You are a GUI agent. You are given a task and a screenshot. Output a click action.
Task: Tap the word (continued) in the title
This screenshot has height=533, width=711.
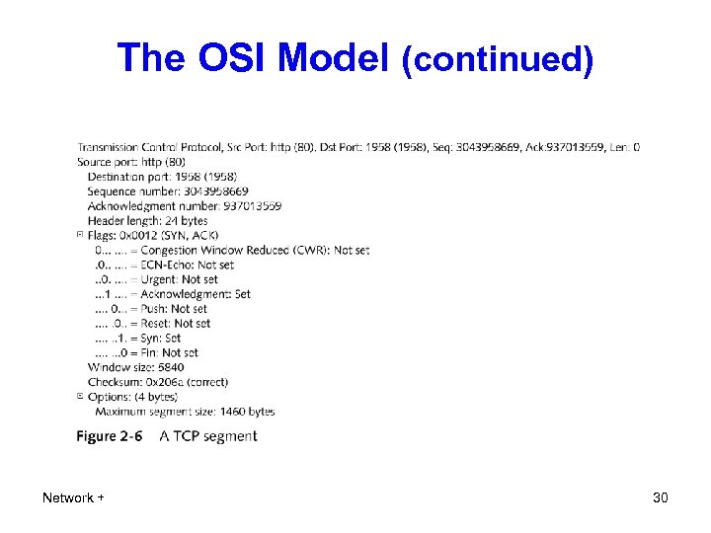497,61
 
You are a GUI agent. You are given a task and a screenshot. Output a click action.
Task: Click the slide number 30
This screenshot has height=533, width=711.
661,497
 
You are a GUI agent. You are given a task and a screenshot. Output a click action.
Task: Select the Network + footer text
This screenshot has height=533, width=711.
73,497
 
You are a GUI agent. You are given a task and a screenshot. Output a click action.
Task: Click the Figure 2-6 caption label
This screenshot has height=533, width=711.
110,436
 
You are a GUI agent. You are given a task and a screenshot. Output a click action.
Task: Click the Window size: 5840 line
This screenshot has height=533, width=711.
135,367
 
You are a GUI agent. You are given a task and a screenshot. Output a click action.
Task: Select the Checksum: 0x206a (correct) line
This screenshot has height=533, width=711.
157,381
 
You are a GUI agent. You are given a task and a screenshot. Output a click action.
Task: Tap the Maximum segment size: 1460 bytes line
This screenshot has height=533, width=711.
185,411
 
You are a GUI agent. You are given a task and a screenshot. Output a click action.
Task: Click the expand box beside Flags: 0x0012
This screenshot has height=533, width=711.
80,235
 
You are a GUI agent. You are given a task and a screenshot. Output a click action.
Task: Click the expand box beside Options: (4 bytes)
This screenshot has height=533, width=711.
80,396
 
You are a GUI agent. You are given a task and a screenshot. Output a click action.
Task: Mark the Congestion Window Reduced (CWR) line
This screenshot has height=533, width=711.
232,250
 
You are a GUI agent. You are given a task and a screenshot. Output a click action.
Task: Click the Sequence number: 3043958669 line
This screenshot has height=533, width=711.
168,190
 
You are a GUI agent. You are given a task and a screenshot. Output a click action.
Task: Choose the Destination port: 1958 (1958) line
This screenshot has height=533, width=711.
162,176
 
